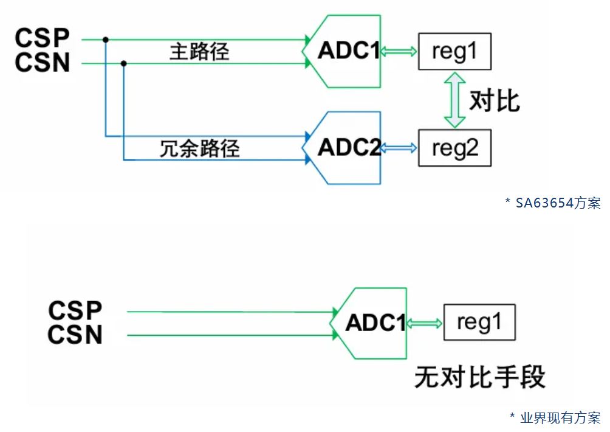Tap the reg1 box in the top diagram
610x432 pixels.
(x=454, y=52)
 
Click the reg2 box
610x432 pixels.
(x=454, y=148)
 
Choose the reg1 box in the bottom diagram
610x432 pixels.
(x=479, y=322)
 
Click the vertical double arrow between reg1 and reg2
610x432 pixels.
(x=454, y=100)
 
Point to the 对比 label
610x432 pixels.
(x=495, y=100)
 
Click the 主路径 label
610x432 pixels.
(x=199, y=52)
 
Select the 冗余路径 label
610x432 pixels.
(x=199, y=148)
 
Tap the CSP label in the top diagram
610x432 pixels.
(x=43, y=38)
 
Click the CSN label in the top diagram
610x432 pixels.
(x=43, y=63)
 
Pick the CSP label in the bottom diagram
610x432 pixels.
(x=75, y=310)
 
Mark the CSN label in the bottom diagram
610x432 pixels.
(x=75, y=335)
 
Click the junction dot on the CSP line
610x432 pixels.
(x=106, y=40)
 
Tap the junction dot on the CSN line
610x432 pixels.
(x=124, y=63)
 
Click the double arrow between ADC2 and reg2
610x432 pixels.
(x=399, y=148)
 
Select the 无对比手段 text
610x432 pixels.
(x=480, y=377)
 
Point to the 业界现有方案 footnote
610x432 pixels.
(x=555, y=417)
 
